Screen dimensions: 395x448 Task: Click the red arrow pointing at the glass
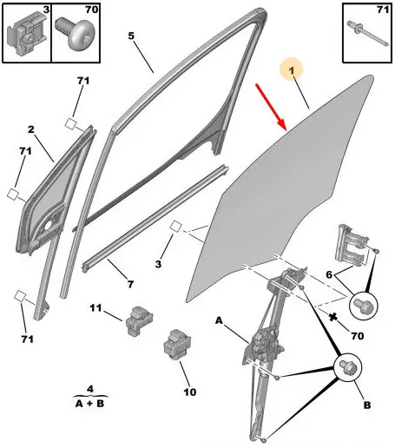point(271,107)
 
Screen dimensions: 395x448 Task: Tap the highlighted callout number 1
point(292,70)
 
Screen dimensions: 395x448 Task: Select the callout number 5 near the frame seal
point(131,36)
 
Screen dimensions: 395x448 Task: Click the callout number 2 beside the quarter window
point(31,129)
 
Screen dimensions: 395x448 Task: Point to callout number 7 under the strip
point(130,284)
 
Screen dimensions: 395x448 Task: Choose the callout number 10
point(190,392)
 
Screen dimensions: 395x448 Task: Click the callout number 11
point(95,307)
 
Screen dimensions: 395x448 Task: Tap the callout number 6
point(329,274)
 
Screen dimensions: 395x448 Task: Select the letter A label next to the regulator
point(219,320)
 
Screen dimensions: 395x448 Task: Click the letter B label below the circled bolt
point(367,405)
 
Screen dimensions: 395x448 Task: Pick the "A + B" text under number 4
point(89,403)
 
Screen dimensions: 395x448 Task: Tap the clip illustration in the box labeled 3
point(27,33)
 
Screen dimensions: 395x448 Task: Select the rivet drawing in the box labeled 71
point(368,33)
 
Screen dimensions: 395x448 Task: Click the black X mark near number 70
point(333,317)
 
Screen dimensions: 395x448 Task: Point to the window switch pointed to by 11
point(139,320)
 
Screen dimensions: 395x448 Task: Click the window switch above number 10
point(177,345)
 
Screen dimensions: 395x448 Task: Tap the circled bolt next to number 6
point(364,306)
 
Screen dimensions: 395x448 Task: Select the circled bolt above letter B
point(348,367)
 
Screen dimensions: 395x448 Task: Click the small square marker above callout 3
point(175,227)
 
